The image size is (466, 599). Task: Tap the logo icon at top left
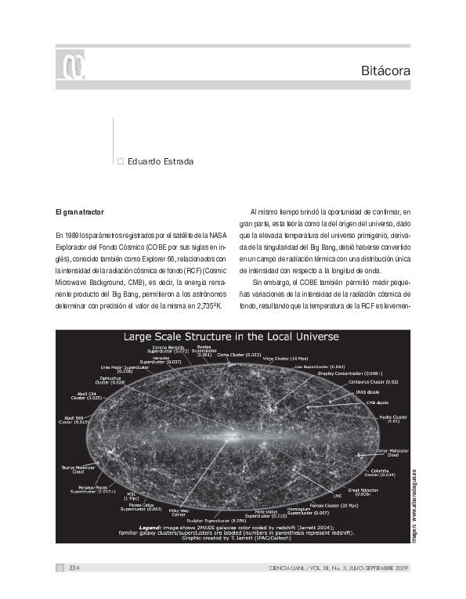pyautogui.click(x=70, y=67)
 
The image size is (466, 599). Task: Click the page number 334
pyautogui.click(x=74, y=568)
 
